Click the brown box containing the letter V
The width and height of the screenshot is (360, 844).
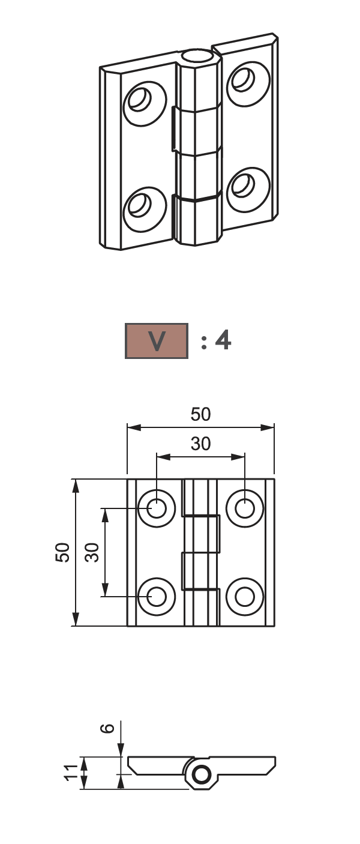click(156, 340)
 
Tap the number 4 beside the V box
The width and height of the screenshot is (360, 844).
click(223, 340)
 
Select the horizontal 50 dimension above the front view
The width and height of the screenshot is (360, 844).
click(200, 414)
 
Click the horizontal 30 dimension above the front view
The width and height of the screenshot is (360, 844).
click(200, 444)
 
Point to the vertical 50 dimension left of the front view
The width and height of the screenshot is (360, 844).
click(62, 552)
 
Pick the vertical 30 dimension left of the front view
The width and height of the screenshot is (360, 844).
click(92, 552)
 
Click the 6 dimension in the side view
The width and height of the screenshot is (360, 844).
click(107, 728)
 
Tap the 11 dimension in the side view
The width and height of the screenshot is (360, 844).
click(71, 773)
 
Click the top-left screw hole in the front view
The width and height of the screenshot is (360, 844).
click(156, 508)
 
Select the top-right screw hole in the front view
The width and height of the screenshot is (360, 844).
click(245, 508)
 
